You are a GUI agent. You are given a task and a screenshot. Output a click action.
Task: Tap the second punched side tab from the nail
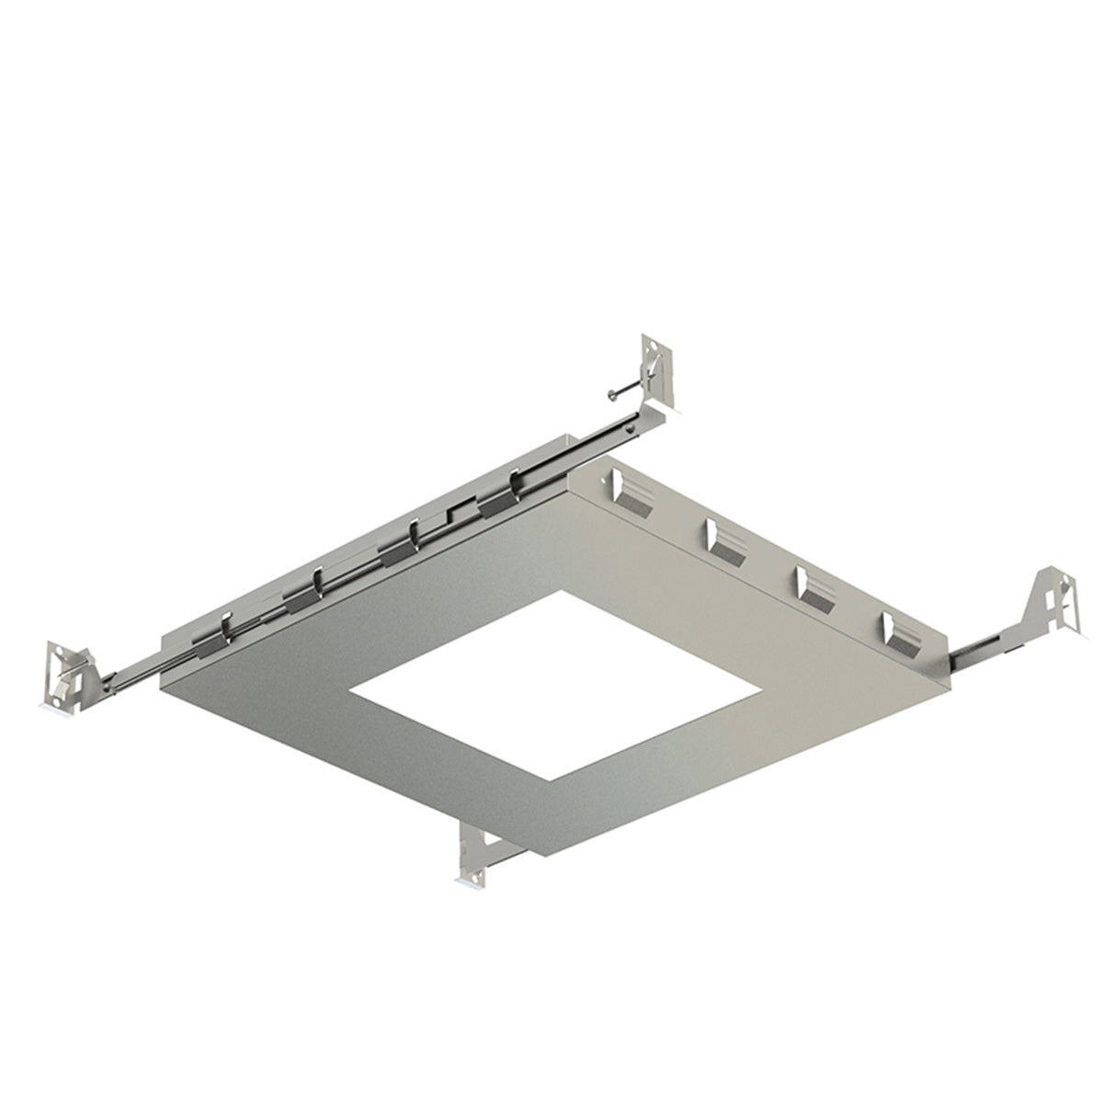point(725,540)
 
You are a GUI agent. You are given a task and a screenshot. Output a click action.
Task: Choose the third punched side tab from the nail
point(814,587)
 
